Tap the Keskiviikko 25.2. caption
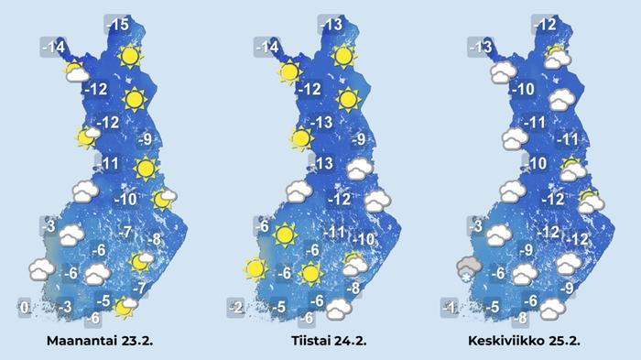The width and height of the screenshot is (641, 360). [x=526, y=340]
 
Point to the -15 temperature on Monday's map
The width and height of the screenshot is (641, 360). [x=117, y=25]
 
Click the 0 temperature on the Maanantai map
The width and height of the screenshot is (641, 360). [x=25, y=308]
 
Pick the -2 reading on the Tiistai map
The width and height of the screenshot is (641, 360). [x=236, y=308]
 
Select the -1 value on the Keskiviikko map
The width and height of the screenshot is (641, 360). [x=449, y=308]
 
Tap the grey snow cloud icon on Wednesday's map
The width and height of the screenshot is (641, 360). [x=469, y=268]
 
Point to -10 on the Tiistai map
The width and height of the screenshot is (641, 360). [x=365, y=240]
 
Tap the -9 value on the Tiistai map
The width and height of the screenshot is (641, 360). [x=360, y=139]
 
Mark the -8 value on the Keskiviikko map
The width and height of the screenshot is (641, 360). [x=519, y=319]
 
